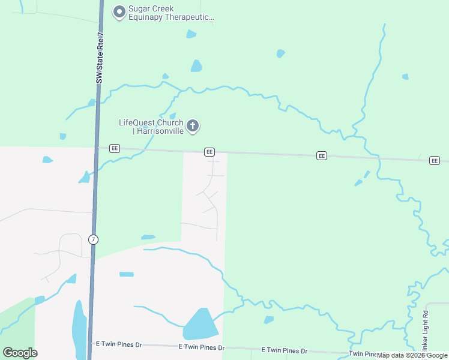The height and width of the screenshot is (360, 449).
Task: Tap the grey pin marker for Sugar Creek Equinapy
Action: [x=119, y=11]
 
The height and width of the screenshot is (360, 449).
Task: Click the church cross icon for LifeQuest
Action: [x=193, y=126]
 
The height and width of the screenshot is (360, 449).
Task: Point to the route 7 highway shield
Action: [x=93, y=239]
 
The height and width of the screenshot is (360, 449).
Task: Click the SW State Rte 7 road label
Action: [x=100, y=58]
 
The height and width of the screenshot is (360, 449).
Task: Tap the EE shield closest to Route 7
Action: [x=115, y=149]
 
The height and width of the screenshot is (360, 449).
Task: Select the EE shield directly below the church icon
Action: [x=209, y=152]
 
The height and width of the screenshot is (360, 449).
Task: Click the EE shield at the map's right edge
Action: [x=435, y=160]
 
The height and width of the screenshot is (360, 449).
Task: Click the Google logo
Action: [x=20, y=352]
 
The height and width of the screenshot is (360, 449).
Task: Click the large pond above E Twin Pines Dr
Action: [x=200, y=325]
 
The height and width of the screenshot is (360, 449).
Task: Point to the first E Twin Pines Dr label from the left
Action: [x=119, y=345]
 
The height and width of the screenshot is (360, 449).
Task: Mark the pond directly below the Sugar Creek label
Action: [x=191, y=34]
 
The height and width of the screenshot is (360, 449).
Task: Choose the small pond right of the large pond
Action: [x=269, y=320]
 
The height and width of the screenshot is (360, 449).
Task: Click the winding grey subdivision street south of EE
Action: [x=211, y=198]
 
